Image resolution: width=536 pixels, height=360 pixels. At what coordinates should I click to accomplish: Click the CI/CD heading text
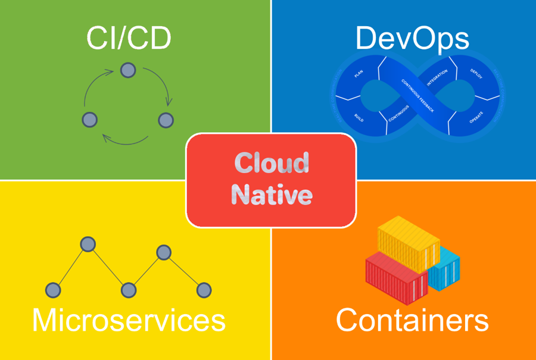(x=129, y=38)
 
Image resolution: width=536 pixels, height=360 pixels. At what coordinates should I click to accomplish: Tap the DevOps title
(x=412, y=38)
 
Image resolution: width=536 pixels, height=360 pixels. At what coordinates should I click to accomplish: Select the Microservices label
(x=129, y=320)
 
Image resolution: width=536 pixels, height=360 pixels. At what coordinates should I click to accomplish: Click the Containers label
(x=412, y=320)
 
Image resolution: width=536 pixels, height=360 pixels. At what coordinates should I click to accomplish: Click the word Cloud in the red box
(x=272, y=163)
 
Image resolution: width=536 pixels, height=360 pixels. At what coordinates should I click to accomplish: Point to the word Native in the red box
(x=272, y=195)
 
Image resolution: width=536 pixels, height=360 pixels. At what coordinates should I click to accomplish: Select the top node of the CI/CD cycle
(x=127, y=70)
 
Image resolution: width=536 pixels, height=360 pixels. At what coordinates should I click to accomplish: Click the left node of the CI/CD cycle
(x=89, y=119)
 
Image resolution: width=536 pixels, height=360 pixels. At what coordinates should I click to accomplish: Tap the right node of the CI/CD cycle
(x=166, y=119)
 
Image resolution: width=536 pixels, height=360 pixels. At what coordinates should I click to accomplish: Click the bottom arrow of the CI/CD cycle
(x=125, y=140)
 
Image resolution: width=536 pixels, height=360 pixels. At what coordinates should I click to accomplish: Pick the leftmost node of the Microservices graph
(x=54, y=290)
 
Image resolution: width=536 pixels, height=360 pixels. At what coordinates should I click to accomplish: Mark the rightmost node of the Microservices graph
(x=204, y=290)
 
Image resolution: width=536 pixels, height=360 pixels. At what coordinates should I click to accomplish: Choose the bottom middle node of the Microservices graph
(x=129, y=290)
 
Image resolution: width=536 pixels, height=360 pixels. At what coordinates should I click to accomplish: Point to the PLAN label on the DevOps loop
(x=359, y=74)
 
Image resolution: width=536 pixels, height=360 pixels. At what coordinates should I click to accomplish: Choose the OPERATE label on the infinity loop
(x=476, y=117)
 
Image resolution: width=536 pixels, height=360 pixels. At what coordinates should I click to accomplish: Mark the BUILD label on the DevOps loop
(x=359, y=117)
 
